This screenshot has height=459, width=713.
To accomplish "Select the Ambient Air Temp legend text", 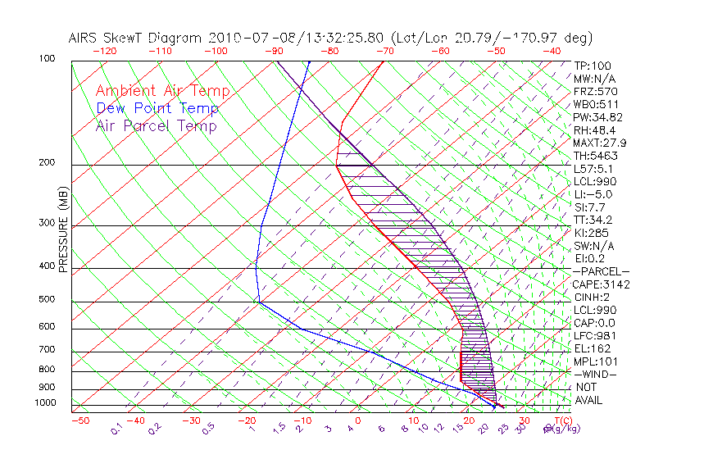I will (x=163, y=91).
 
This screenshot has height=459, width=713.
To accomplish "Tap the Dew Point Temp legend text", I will (x=157, y=108).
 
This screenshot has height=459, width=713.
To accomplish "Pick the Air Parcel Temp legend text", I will (x=157, y=125).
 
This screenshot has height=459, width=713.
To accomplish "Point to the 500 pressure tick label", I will (x=48, y=301).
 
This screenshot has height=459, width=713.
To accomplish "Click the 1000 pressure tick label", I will (x=45, y=403).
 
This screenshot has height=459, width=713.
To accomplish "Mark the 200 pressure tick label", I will (x=48, y=163).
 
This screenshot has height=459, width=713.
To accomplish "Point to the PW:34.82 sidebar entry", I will (x=596, y=117).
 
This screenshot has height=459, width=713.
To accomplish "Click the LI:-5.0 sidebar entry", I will (x=593, y=194).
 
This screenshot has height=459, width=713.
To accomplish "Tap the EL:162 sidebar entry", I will (x=592, y=348).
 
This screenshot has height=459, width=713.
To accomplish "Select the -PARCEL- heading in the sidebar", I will (x=601, y=271).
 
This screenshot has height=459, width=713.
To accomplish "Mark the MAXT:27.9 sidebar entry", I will (x=599, y=143).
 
